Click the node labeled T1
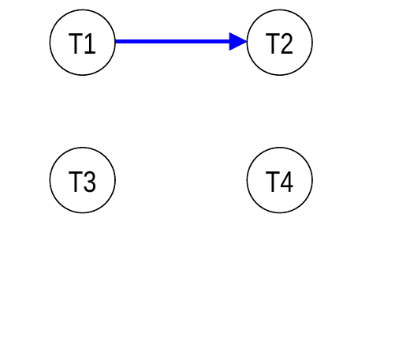83,43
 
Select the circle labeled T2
280,43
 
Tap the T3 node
83,180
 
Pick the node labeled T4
280,180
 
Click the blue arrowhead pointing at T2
238,42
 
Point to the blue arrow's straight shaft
173,42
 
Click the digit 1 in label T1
90,43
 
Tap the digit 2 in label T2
286,43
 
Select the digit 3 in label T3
90,182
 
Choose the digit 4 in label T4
286,182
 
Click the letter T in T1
75,43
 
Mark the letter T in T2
272,43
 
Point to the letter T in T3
75,182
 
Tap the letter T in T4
272,182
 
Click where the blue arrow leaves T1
116,42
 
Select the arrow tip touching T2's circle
247,42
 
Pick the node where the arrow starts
83,43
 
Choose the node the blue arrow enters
280,43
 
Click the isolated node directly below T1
83,180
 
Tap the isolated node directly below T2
280,180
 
